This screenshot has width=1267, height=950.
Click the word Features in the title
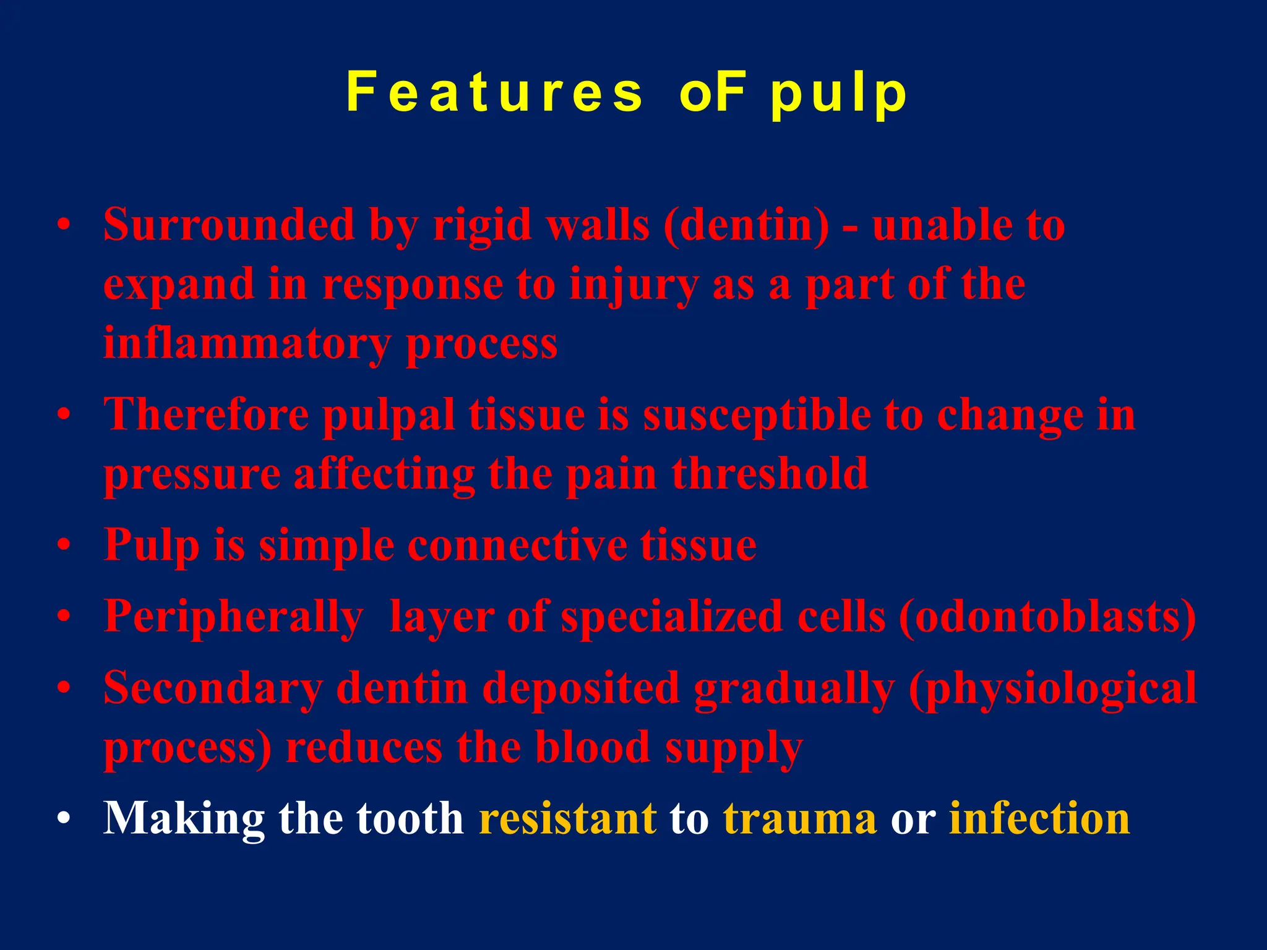tap(495, 93)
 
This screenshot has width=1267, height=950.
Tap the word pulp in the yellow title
tap(839, 95)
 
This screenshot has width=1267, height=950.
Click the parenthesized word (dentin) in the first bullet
tap(746, 225)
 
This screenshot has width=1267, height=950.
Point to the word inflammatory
tap(247, 344)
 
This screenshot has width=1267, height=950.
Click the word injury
tap(633, 286)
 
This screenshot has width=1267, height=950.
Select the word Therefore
tap(206, 414)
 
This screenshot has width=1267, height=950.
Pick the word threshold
tap(770, 474)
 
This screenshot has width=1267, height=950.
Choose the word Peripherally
tap(233, 617)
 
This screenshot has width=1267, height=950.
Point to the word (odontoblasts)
tap(1047, 617)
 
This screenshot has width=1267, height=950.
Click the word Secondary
tap(213, 689)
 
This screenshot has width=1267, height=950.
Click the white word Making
tap(184, 819)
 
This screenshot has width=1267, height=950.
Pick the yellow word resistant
tap(567, 819)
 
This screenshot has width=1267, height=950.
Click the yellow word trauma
tap(800, 819)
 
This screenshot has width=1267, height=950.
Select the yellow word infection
tap(1039, 819)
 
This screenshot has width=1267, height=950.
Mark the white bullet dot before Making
tap(63, 820)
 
